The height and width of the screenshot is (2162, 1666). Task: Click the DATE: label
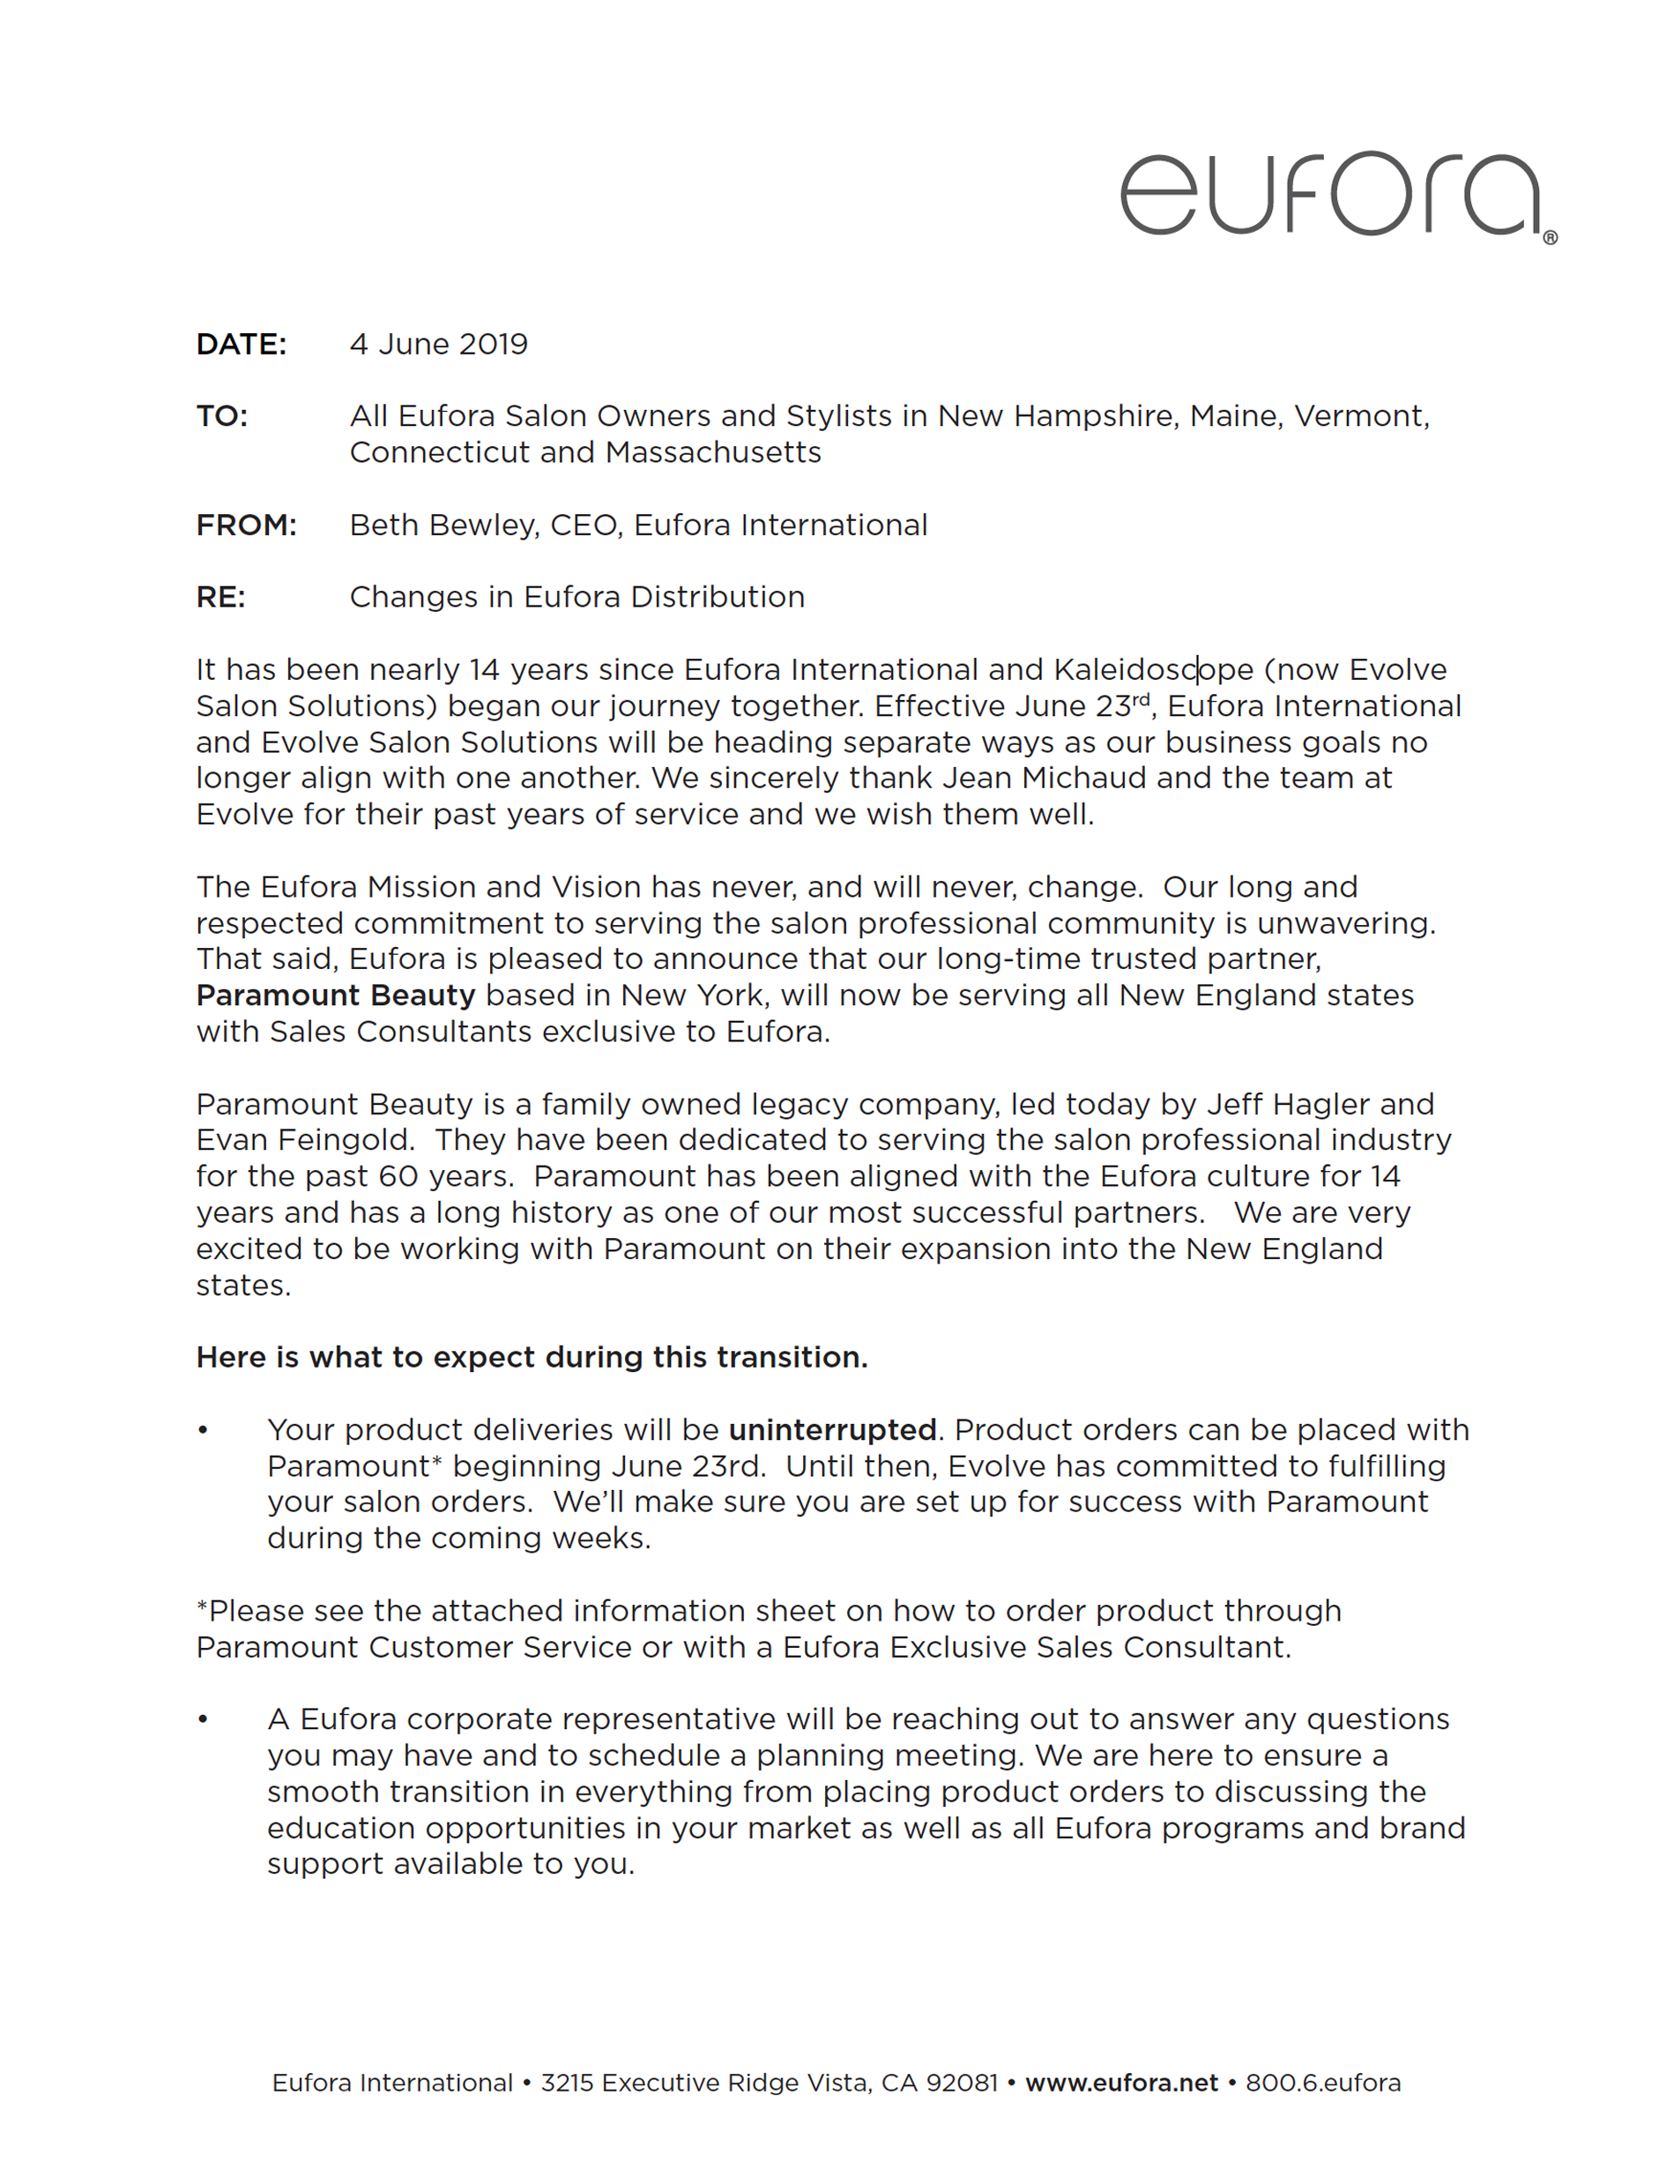241,345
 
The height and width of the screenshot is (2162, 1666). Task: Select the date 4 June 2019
438,345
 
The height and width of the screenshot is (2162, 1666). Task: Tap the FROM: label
246,525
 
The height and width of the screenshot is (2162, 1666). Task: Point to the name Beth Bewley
443,525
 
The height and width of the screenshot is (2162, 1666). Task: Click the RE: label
220,597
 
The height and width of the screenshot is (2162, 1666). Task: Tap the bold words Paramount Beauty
336,995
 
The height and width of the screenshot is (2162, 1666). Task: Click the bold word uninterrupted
832,1429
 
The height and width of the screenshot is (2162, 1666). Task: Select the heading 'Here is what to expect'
532,1357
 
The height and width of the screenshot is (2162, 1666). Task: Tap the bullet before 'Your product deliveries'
203,1430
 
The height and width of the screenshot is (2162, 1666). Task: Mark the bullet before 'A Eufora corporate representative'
203,1719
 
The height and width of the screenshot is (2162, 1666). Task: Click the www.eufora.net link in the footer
1120,2083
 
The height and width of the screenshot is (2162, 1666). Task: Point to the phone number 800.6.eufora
1322,2083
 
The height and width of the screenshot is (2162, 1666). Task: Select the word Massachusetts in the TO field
713,452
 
